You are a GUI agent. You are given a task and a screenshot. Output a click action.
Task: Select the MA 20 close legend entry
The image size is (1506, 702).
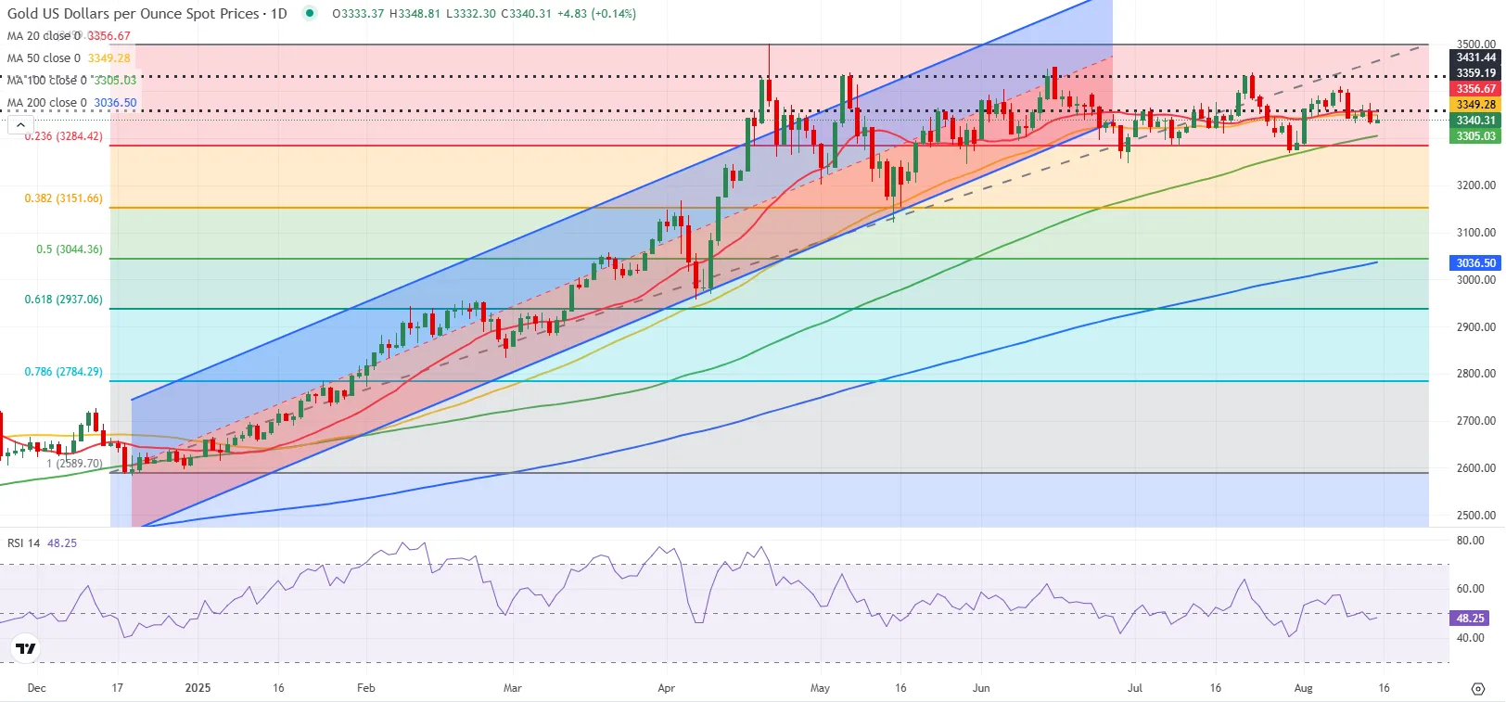[45, 36]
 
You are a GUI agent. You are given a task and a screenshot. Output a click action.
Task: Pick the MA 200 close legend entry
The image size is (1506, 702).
[47, 103]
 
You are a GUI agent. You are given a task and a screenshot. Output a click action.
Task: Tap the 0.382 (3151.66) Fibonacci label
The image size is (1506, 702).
[63, 198]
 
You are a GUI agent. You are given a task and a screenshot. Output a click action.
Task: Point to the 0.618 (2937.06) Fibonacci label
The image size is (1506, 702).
[63, 300]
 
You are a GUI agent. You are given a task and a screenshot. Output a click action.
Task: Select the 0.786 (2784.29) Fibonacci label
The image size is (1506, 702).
[63, 372]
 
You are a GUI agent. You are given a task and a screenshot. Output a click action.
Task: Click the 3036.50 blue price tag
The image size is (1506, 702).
[1475, 263]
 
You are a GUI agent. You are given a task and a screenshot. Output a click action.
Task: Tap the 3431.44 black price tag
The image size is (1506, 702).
[1475, 57]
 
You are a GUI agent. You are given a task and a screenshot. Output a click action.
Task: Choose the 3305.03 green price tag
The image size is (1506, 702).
[1475, 136]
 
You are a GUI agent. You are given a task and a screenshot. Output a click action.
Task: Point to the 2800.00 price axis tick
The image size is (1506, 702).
[1475, 374]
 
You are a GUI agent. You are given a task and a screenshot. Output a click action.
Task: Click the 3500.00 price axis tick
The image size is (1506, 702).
[1475, 44]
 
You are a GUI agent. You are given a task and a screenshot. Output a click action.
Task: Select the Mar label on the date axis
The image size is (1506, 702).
[512, 688]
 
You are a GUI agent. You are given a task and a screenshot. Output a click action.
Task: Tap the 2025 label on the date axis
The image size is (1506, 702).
[198, 688]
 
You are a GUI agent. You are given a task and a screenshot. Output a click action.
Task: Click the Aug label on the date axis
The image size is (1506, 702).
[1303, 688]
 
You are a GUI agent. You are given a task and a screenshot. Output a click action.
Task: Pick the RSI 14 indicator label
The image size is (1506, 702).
[24, 543]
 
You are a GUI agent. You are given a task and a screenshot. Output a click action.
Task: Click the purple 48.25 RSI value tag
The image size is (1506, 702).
[1470, 618]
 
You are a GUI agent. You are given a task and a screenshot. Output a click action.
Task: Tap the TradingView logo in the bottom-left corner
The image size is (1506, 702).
[26, 648]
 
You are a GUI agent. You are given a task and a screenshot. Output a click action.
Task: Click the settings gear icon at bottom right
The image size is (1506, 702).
[1478, 688]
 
